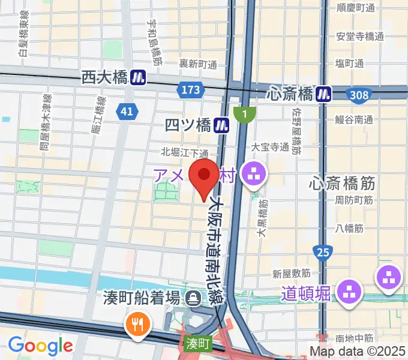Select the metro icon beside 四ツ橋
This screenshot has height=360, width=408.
pyautogui.click(x=223, y=125)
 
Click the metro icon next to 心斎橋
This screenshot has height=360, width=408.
pyautogui.click(x=325, y=94)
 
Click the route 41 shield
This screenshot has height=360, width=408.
pyautogui.click(x=128, y=110)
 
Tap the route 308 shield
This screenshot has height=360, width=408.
pyautogui.click(x=359, y=94)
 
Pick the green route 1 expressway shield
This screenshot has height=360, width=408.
pyautogui.click(x=245, y=113)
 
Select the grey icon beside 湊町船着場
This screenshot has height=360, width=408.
pyautogui.click(x=194, y=297)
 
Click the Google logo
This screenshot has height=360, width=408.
pyautogui.click(x=40, y=345)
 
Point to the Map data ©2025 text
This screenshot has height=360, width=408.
pyautogui.click(x=358, y=350)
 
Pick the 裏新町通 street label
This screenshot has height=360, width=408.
pyautogui.click(x=197, y=63)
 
